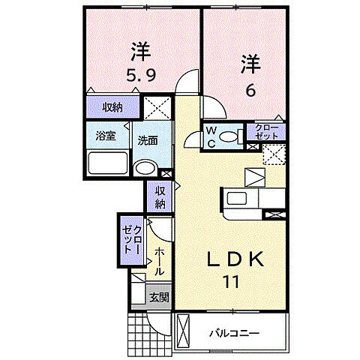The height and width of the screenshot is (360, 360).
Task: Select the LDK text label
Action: coord(234,260)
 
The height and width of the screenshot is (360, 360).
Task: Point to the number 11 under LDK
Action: coord(231,283)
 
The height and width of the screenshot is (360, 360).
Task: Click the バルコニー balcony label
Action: coord(235,331)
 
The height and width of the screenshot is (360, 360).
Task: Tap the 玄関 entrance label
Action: coord(158,297)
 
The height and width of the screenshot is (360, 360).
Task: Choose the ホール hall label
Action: coord(160,261)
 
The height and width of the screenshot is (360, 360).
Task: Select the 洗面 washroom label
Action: coord(146,140)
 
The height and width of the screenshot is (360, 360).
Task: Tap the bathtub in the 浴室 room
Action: coord(108,162)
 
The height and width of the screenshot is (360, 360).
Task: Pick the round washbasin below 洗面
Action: coord(143,168)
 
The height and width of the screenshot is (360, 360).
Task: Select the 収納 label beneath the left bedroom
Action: coord(113,107)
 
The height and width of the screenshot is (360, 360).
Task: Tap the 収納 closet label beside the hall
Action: coord(160,197)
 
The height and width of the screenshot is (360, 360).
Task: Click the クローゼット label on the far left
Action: coord(132,238)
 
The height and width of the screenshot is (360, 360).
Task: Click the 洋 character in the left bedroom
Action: coord(139,51)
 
